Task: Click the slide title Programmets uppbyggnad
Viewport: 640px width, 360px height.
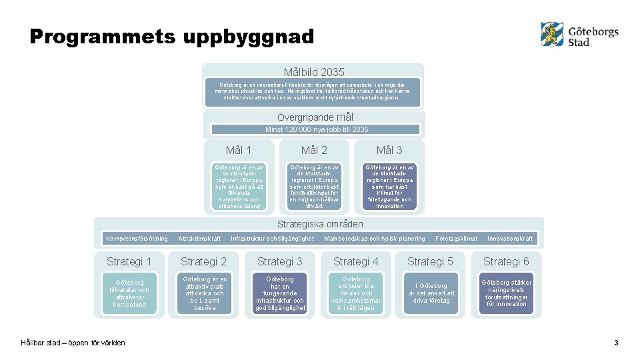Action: (172, 37)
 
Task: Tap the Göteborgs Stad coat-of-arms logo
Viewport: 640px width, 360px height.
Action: (552, 34)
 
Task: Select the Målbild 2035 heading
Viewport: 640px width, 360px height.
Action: (314, 72)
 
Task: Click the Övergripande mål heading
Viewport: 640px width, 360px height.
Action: (315, 117)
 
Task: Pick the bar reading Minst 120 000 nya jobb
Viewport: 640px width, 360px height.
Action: (316, 129)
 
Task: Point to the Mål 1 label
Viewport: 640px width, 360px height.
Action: (239, 151)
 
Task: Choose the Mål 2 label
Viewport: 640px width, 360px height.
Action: (314, 151)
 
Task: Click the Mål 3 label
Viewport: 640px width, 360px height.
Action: (389, 151)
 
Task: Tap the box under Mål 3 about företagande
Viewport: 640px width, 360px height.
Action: (389, 187)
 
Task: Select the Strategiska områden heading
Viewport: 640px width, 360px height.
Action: (320, 224)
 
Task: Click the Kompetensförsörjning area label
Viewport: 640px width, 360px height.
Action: (137, 239)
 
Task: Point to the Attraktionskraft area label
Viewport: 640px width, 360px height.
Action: (199, 239)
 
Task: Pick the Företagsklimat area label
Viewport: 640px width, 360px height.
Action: (456, 239)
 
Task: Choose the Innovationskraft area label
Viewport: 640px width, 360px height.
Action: (510, 239)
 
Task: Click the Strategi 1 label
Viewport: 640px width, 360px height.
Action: (129, 261)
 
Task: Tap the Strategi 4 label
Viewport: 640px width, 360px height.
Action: (355, 261)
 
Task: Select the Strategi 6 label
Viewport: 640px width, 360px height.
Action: (506, 261)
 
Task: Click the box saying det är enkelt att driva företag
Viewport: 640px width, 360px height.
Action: (431, 293)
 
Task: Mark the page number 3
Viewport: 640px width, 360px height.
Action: (616, 343)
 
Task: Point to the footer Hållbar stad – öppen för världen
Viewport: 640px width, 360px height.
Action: (73, 343)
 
